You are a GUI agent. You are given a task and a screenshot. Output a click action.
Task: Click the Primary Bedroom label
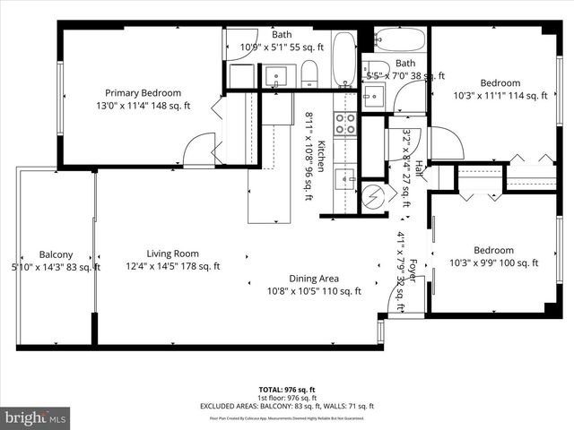[x=143, y=93]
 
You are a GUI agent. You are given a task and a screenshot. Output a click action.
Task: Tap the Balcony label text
[x=56, y=254]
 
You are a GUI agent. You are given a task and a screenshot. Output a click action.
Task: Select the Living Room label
[x=173, y=254]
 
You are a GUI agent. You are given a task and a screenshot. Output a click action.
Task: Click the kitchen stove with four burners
[x=345, y=124]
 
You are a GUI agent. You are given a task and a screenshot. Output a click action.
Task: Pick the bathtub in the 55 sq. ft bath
[x=344, y=59]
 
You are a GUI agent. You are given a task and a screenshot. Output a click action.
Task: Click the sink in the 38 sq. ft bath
[x=374, y=96]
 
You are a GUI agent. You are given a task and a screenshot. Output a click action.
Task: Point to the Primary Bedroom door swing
[x=201, y=149]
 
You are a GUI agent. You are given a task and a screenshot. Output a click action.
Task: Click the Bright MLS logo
[x=36, y=417]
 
